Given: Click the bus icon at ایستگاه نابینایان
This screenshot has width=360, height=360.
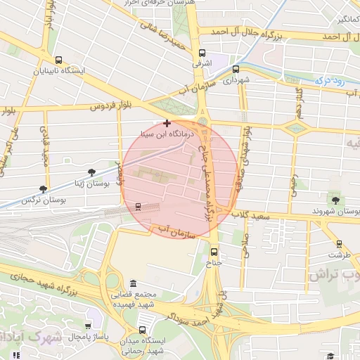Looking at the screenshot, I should (x=58, y=60).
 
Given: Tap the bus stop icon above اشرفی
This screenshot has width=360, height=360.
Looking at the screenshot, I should (x=202, y=53).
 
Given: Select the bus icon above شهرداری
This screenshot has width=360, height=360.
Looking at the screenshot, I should (x=236, y=70).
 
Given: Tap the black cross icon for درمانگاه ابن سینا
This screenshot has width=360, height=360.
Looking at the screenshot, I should (x=167, y=123).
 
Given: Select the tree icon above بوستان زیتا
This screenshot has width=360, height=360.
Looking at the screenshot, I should (x=91, y=172).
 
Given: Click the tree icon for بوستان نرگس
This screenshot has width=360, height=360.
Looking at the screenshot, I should (x=44, y=188).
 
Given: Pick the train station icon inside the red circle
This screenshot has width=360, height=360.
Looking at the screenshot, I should (x=138, y=207).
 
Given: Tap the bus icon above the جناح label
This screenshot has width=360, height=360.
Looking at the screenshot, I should (x=214, y=252).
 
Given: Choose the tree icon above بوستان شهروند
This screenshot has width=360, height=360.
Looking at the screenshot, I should (x=332, y=200).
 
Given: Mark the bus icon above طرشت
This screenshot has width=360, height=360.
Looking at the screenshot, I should (x=340, y=244).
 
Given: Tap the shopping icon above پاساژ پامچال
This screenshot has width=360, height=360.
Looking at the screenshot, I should (x=88, y=326).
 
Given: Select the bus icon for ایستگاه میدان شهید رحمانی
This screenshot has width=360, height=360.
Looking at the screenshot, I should (x=143, y=329).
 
